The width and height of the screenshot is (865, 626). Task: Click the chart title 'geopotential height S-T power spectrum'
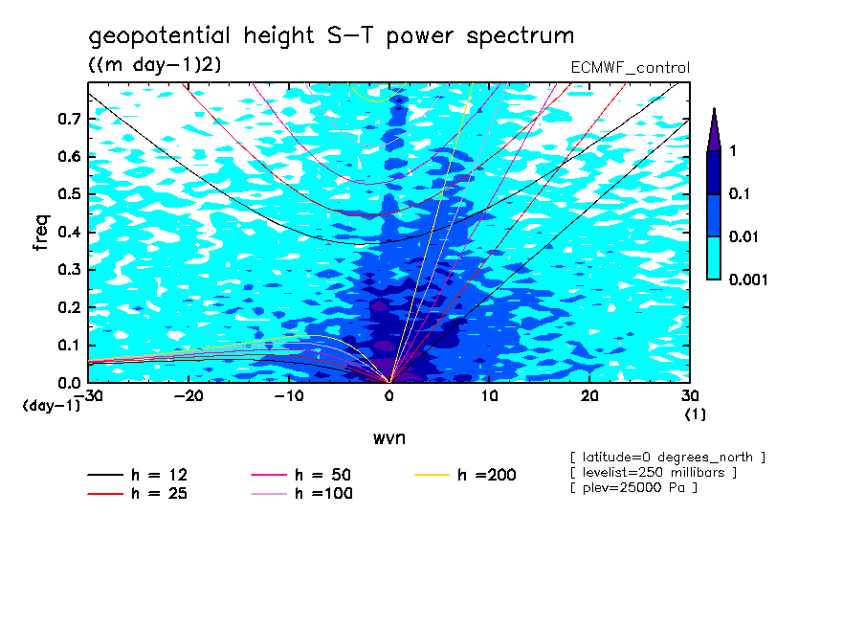[331, 36]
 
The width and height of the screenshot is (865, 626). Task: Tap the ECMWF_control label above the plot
[630, 68]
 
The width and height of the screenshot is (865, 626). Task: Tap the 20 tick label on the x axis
[589, 396]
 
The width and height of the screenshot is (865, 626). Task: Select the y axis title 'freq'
[41, 233]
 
